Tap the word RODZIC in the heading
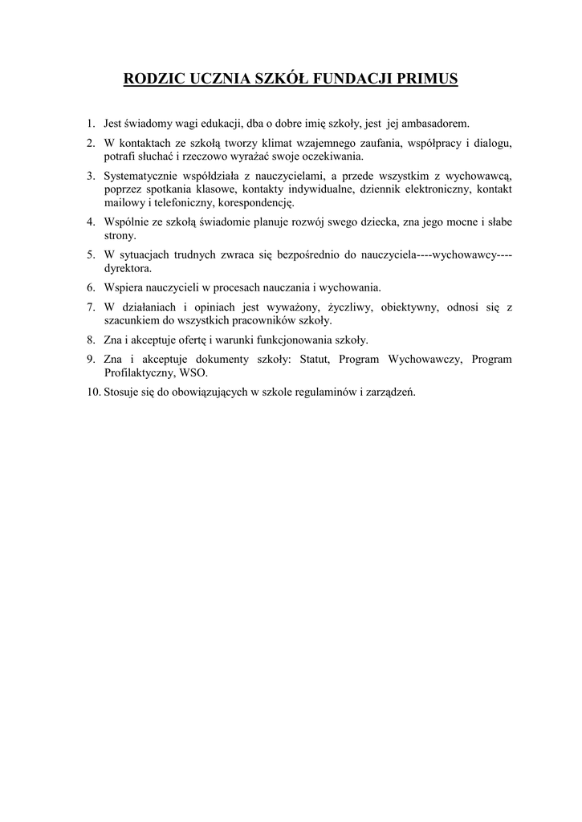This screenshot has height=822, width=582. (x=152, y=79)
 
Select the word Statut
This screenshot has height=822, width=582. (x=315, y=359)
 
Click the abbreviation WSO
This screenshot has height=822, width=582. (x=194, y=372)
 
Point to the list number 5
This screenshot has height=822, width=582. (x=92, y=254)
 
